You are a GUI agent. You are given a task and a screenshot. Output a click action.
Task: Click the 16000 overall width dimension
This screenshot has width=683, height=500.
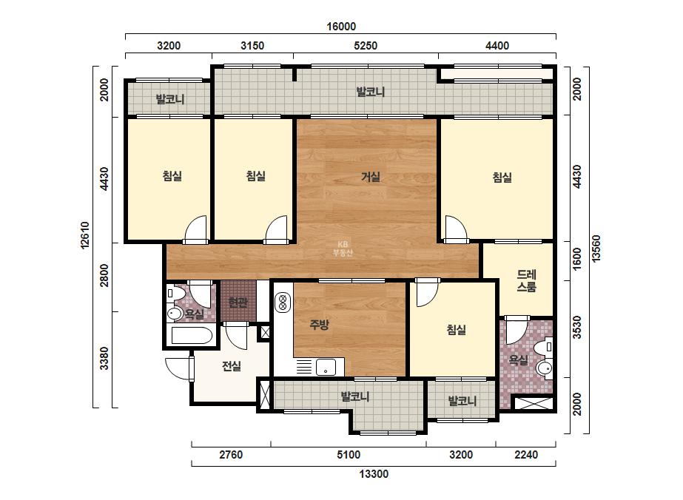(x=341, y=27)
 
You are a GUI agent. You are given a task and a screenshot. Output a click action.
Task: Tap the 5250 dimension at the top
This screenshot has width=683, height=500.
(x=366, y=46)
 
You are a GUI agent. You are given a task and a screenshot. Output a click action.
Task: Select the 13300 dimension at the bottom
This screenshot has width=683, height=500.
(x=374, y=474)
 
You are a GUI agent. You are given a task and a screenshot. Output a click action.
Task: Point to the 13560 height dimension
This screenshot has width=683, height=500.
(x=596, y=249)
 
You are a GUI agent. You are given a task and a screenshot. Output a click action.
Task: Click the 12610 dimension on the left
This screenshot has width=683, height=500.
(x=85, y=235)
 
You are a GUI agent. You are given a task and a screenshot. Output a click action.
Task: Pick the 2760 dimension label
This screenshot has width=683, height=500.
(x=231, y=455)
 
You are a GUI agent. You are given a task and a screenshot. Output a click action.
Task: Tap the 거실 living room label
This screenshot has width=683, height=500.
(x=371, y=177)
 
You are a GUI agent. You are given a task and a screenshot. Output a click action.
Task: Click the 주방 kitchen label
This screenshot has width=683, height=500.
(x=319, y=324)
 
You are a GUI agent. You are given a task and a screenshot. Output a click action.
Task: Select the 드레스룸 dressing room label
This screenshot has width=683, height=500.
(x=526, y=281)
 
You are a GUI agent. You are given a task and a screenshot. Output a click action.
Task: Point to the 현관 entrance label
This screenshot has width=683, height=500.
(x=238, y=302)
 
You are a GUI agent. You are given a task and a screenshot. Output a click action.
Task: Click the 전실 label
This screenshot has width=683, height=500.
(x=232, y=366)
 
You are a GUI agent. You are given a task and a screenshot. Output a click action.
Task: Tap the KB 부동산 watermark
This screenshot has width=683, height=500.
(x=343, y=249)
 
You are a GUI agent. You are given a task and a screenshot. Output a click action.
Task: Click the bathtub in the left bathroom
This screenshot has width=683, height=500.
(x=192, y=336)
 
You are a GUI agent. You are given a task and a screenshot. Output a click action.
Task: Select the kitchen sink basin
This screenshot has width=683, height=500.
(x=326, y=367)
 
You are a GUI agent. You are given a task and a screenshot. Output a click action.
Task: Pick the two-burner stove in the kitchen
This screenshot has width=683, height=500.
(x=283, y=303)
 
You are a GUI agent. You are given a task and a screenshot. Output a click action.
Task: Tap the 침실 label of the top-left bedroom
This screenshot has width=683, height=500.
(x=172, y=176)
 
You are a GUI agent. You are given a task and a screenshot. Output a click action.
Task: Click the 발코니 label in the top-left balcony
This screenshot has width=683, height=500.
(x=170, y=99)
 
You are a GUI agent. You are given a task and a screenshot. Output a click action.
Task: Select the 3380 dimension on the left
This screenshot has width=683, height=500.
(x=104, y=358)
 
